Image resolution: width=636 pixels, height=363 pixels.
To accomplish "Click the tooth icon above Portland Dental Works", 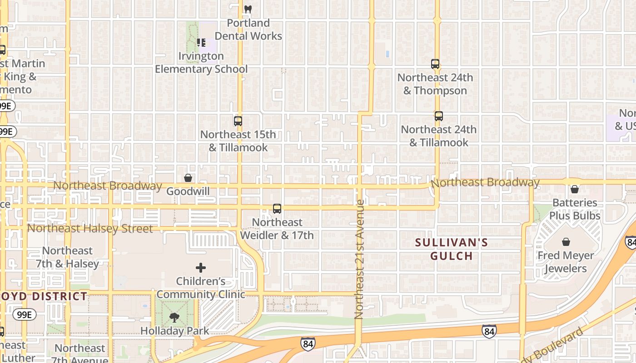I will (x=248, y=9).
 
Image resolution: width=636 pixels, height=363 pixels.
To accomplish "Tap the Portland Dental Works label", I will (x=248, y=29).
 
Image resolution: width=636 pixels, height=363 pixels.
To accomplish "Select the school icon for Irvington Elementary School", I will (x=201, y=43).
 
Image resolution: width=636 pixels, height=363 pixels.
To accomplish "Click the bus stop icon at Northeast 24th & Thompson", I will (x=435, y=64).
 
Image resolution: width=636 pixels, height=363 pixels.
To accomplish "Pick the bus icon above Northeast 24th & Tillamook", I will (x=438, y=116).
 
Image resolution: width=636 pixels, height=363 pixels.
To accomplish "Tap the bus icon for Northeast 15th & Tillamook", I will (x=238, y=121).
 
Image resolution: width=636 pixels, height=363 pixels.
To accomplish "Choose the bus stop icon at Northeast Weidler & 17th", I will (x=277, y=209).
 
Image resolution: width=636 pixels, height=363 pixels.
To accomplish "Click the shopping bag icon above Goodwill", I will (x=188, y=178).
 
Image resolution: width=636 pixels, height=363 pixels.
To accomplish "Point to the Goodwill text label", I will (x=188, y=191).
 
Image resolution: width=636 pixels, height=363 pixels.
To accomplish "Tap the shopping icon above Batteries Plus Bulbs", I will (x=575, y=189).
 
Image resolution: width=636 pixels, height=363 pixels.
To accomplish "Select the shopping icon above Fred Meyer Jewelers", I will (x=566, y=242).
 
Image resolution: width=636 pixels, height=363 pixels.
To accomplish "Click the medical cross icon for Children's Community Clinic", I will (x=201, y=268).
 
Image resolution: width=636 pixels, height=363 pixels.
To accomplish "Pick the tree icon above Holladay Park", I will (x=174, y=318).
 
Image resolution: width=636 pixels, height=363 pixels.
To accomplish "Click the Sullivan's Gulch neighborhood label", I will (x=452, y=249).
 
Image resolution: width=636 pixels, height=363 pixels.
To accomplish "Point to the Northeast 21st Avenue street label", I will (x=360, y=259).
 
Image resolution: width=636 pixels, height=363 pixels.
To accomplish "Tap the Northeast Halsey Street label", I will (x=90, y=228).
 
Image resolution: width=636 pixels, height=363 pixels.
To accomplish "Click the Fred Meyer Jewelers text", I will (x=566, y=262).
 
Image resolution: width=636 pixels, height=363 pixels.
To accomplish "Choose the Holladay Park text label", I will (x=174, y=331).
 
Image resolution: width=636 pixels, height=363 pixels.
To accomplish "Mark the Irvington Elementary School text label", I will (x=201, y=63).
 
